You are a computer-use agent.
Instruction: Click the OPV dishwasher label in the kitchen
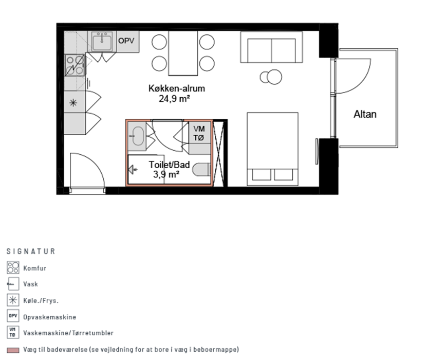[126, 41]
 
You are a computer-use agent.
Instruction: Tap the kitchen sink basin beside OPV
[102, 42]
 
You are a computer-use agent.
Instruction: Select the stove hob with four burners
[74, 65]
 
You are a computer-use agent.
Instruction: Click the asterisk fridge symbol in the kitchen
[73, 103]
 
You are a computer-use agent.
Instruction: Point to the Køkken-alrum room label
[176, 88]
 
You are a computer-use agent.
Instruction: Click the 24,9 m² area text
[174, 99]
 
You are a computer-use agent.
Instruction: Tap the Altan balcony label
[365, 114]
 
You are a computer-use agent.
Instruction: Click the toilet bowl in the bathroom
[201, 170]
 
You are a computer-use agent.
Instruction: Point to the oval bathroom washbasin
[138, 136]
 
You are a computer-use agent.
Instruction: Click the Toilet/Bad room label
[170, 165]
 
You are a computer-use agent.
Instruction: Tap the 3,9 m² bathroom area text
[166, 174]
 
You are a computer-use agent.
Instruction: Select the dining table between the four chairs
[183, 53]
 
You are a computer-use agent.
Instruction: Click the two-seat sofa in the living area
[271, 47]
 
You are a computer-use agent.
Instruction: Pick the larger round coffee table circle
[274, 77]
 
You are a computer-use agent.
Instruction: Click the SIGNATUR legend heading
[31, 251]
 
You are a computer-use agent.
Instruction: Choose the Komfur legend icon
[13, 267]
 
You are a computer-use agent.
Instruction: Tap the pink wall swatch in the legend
[13, 350]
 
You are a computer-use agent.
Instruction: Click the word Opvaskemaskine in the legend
[49, 317]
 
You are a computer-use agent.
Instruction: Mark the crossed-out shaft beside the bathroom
[218, 153]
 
